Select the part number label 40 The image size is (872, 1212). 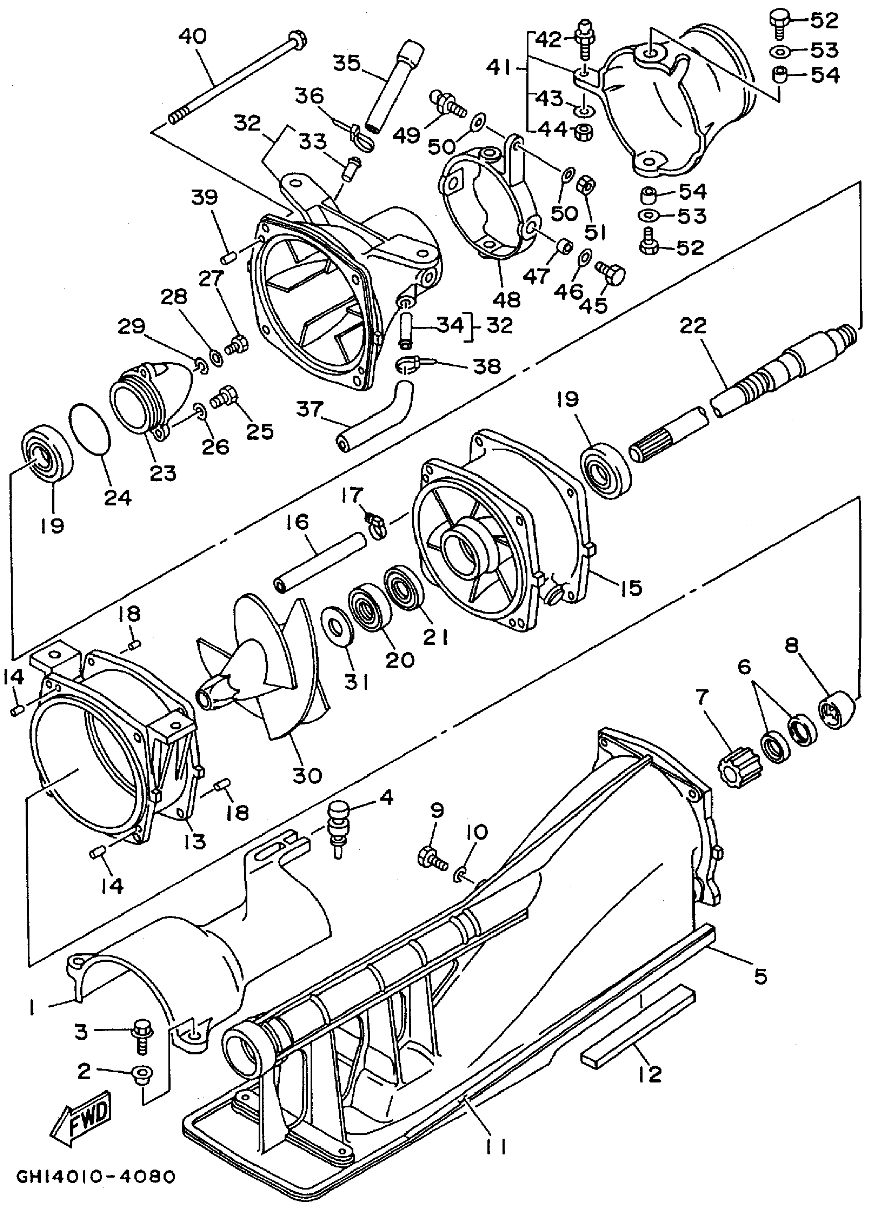tap(192, 36)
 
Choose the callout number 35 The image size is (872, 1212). tap(347, 63)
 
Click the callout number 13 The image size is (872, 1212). tap(194, 841)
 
